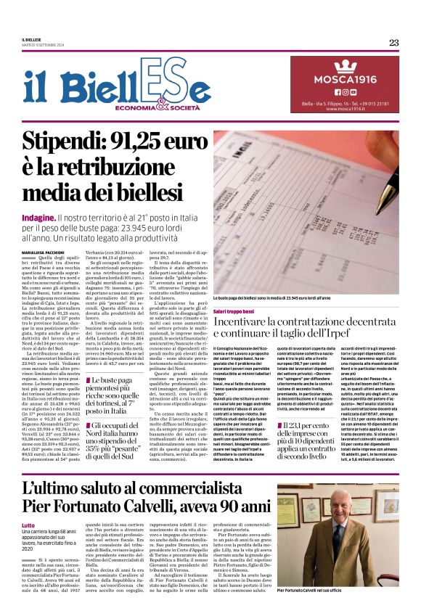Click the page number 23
point(393,42)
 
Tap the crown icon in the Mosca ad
point(345,65)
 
